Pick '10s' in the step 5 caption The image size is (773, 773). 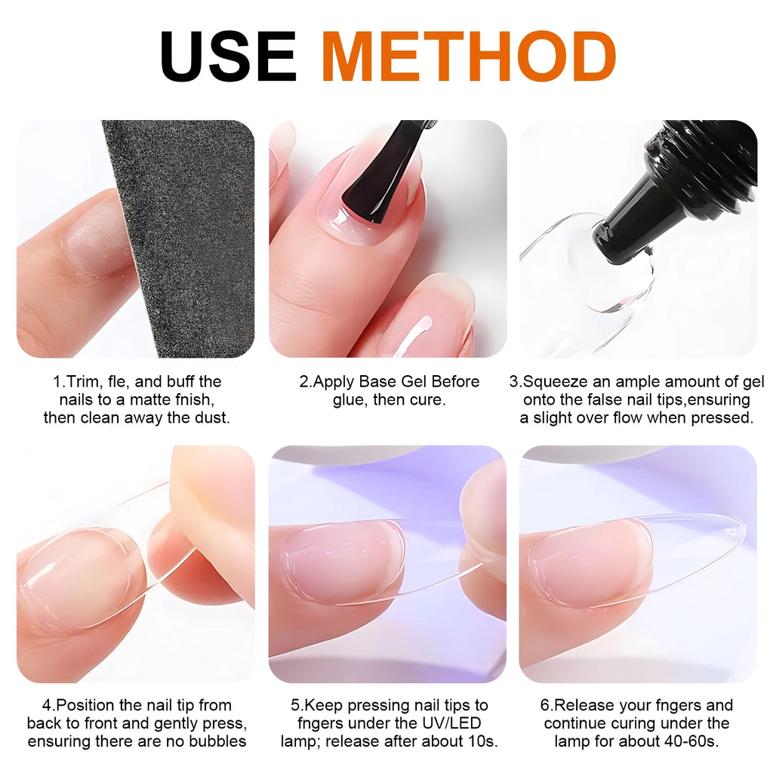[482, 741]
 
